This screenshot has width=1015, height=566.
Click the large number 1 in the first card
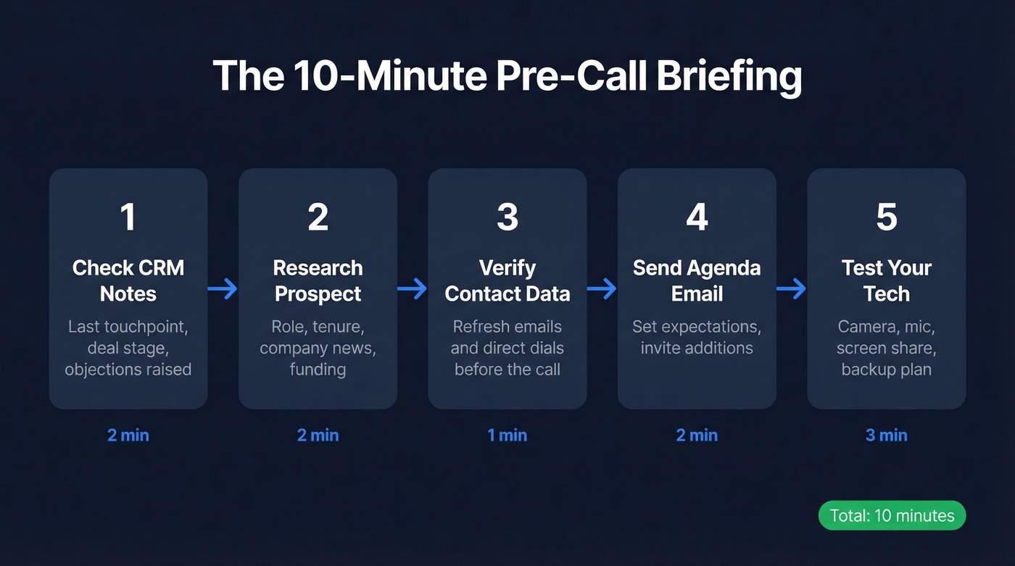[x=128, y=217]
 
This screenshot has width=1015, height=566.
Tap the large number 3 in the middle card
[x=507, y=217]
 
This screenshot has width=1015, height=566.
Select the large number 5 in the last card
[x=887, y=217]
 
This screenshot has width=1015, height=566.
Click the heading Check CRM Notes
[x=128, y=280]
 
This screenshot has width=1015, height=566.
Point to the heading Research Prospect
[x=318, y=280]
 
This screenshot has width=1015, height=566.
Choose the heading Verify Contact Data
[x=507, y=280]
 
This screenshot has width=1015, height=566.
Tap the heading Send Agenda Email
[x=697, y=280]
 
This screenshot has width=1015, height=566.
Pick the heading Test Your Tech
[x=887, y=280]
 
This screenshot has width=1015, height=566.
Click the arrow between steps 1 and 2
[x=223, y=289]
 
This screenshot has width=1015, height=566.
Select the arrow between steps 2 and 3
[x=413, y=289]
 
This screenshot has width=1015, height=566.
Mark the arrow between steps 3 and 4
[x=602, y=289]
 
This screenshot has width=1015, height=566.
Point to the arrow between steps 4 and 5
[x=792, y=289]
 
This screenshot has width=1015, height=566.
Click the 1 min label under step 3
[x=507, y=436]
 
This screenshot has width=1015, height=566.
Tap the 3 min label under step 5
[x=887, y=436]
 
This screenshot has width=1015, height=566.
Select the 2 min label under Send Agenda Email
[x=697, y=436]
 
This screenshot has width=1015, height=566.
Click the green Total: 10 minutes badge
[x=892, y=515]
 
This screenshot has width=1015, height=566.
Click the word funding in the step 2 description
[x=318, y=370]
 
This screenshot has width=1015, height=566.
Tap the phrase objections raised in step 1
[x=128, y=370]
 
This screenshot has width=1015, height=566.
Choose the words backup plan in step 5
[x=887, y=370]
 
